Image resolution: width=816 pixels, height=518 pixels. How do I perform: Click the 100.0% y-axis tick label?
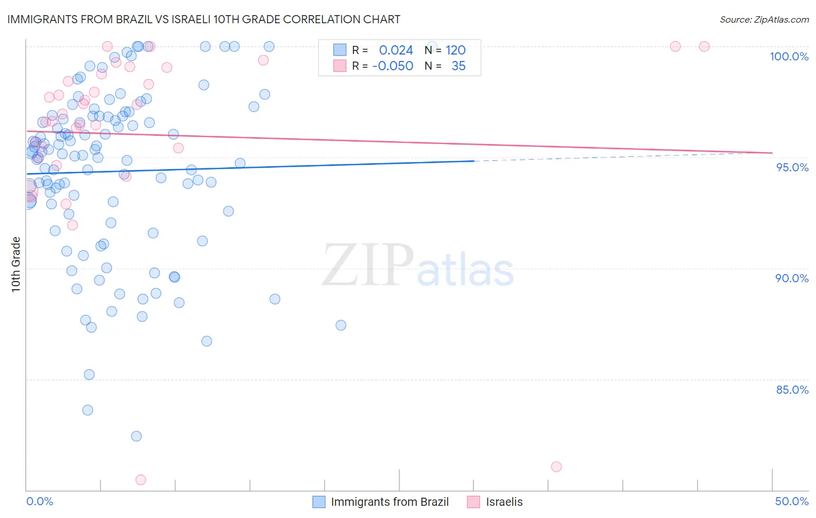(x=789, y=56)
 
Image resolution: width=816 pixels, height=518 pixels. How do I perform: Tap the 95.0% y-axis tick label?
(x=792, y=167)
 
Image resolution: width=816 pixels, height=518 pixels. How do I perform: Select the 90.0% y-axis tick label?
(x=792, y=278)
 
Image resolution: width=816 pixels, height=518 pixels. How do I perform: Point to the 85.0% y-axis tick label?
(x=792, y=390)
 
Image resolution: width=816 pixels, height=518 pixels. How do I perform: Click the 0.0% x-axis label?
(x=39, y=501)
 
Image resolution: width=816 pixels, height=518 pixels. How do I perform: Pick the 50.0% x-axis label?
(x=792, y=501)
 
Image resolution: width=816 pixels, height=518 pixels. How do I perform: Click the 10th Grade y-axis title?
(x=16, y=264)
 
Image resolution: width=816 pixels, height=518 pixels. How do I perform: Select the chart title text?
(x=204, y=19)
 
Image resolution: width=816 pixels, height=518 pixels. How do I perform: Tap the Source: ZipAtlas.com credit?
(x=764, y=20)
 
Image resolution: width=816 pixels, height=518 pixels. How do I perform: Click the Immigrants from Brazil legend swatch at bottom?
(x=319, y=502)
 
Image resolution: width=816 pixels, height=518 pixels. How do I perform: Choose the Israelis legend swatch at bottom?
(x=474, y=502)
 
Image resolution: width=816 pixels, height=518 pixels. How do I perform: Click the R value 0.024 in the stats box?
(x=396, y=50)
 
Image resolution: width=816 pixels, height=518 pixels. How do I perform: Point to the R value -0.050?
(x=392, y=66)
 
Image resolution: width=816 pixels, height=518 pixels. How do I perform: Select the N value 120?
(x=456, y=50)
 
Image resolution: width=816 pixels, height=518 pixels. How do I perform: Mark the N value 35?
(x=458, y=66)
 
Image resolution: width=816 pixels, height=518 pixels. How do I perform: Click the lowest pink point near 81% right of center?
(x=556, y=466)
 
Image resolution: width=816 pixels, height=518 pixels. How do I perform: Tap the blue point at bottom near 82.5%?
(x=136, y=436)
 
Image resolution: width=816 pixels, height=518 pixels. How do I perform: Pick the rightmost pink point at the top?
(x=704, y=46)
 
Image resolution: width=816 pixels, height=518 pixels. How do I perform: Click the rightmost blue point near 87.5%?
(x=341, y=325)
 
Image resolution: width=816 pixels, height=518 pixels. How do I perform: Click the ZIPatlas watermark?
(x=418, y=266)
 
